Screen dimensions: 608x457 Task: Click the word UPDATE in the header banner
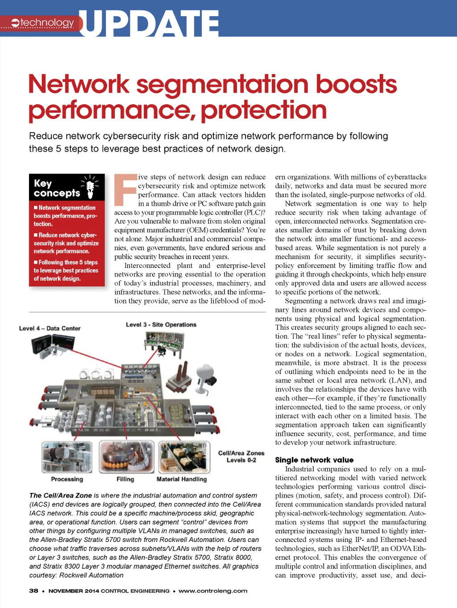pos(149,23)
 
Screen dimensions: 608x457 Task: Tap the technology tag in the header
pos(43,23)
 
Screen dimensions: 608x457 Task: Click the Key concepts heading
pos(57,188)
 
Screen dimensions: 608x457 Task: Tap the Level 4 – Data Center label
pos(50,329)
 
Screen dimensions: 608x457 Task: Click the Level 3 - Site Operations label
pos(161,325)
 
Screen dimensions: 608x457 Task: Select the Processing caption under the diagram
pos(67,479)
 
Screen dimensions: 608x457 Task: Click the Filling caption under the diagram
pos(125,479)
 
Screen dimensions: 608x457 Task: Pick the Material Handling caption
pos(182,479)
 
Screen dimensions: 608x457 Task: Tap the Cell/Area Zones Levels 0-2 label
pos(241,456)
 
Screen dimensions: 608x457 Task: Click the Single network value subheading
pos(314,460)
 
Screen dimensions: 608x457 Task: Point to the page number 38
pos(33,591)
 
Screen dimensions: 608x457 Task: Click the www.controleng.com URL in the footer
pos(213,591)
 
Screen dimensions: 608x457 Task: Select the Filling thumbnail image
pos(126,456)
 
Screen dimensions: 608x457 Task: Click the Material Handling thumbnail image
pos(184,456)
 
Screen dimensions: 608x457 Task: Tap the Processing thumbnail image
pos(67,456)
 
